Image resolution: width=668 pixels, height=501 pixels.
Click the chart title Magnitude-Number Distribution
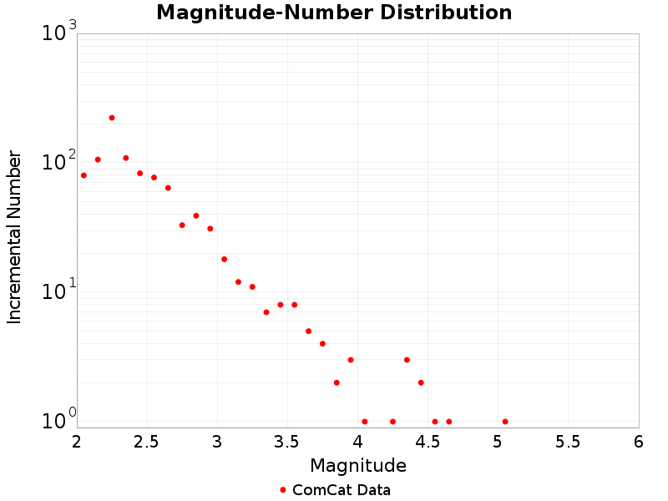[334, 13]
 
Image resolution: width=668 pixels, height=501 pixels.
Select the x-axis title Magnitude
[357, 465]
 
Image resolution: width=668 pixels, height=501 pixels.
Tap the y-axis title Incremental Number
[14, 237]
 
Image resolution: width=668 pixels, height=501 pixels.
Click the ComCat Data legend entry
[334, 490]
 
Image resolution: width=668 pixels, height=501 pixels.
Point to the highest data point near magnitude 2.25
[112, 118]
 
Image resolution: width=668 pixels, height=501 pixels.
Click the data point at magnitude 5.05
[505, 422]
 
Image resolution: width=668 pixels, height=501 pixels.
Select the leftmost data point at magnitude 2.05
[83, 175]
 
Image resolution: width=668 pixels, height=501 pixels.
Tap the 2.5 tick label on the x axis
[147, 442]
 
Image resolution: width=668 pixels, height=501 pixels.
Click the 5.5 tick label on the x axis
[569, 442]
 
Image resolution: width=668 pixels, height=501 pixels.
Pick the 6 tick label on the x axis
[639, 442]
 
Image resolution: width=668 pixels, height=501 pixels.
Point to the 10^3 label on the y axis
[58, 33]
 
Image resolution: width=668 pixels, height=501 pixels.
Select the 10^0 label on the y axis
[58, 420]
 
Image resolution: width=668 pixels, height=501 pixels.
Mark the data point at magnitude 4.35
[407, 360]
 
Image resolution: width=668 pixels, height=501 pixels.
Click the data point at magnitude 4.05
[365, 422]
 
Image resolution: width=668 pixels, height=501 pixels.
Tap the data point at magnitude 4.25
[392, 422]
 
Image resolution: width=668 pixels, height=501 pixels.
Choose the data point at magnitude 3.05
[224, 259]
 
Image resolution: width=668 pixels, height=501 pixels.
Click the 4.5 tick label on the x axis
[428, 442]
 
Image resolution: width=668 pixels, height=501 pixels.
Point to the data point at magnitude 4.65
[449, 422]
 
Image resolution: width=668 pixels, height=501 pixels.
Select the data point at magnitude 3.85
[337, 382]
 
